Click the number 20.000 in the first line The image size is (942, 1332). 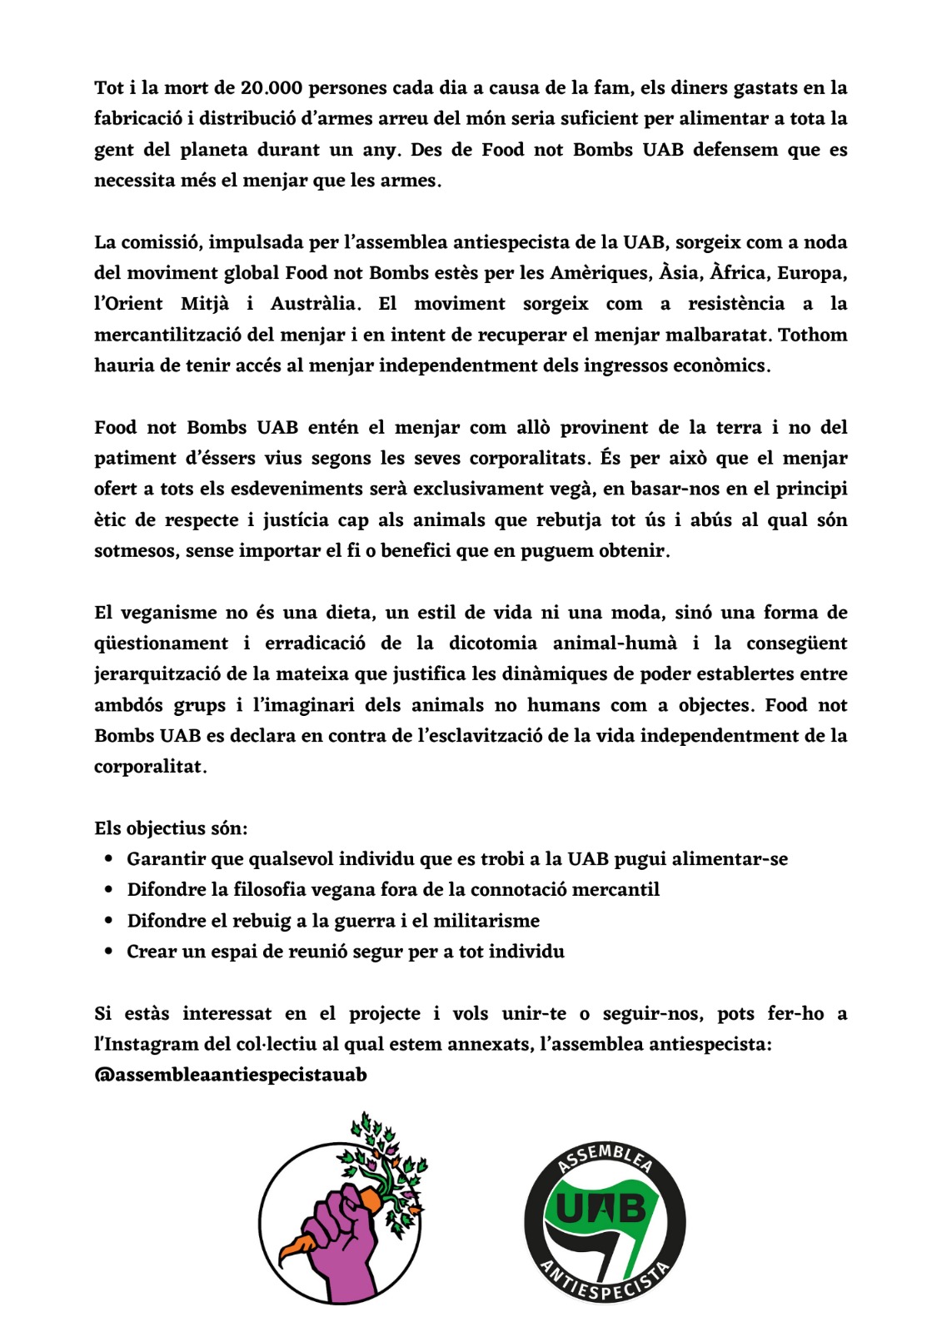point(271,88)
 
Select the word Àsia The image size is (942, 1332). point(680,273)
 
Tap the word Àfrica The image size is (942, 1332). point(740,273)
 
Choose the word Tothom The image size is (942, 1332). point(812,335)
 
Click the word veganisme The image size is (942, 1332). point(168,613)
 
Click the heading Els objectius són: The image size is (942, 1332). point(171,828)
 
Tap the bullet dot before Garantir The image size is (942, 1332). point(109,859)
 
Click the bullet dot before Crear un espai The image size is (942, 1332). point(109,952)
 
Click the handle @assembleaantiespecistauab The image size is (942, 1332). point(231,1075)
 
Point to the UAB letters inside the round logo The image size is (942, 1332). point(600,1209)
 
